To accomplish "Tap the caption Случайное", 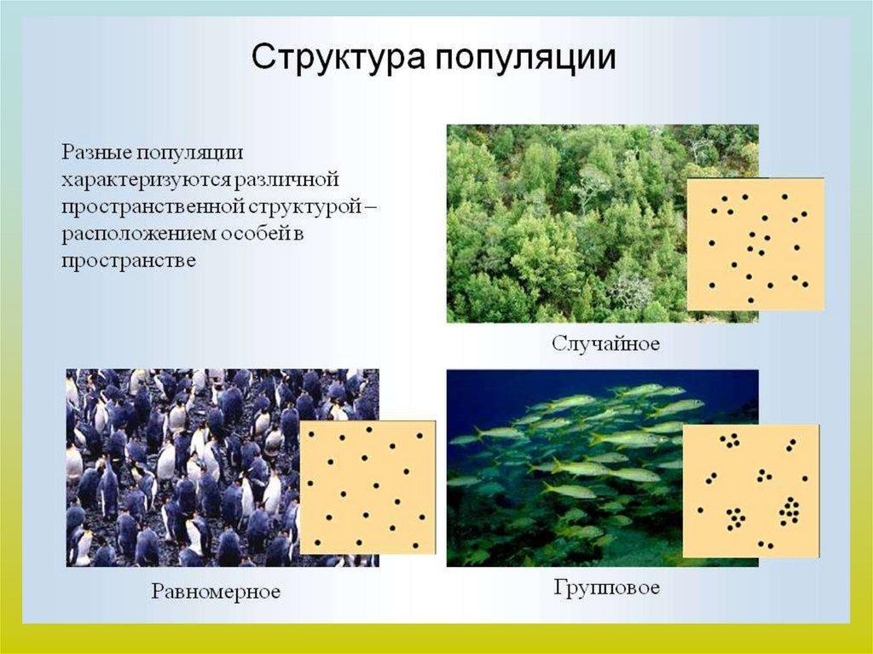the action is pyautogui.click(x=606, y=343).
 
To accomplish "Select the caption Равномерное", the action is pyautogui.click(x=216, y=591).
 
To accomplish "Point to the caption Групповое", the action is pyautogui.click(x=607, y=588).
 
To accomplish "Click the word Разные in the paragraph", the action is pyautogui.click(x=95, y=153).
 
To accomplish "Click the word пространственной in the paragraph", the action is pyautogui.click(x=152, y=206).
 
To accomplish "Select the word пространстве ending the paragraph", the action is pyautogui.click(x=129, y=261).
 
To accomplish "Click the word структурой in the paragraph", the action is pyautogui.click(x=301, y=207).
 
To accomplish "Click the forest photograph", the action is pyautogui.click(x=567, y=223).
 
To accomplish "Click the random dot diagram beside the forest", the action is pyautogui.click(x=755, y=244).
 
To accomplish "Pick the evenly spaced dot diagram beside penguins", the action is pyautogui.click(x=367, y=488).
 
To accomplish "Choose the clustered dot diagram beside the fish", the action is pyautogui.click(x=751, y=491).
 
